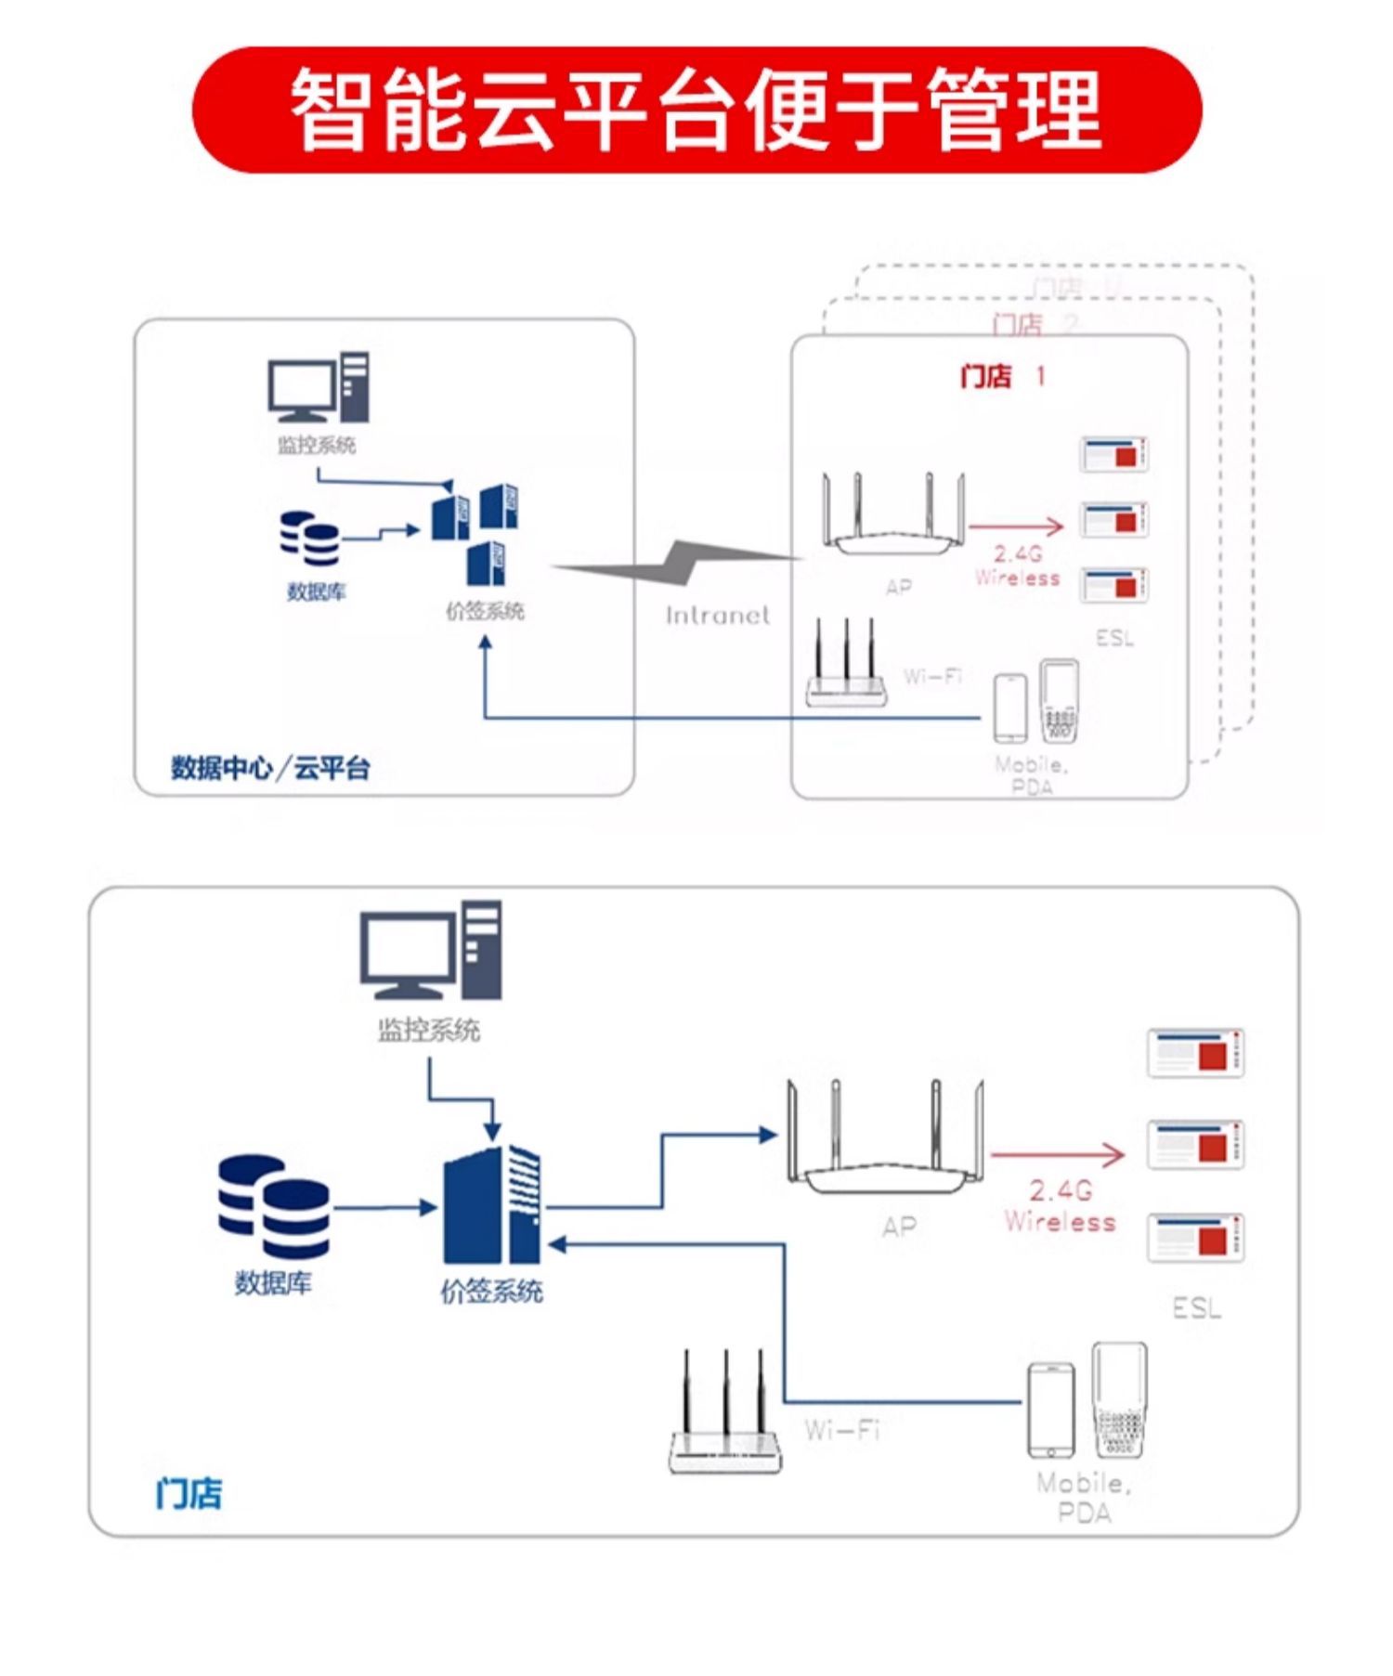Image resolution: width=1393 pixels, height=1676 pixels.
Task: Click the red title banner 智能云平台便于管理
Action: pyautogui.click(x=696, y=110)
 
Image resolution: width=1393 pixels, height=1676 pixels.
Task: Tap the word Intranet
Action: pyautogui.click(x=717, y=615)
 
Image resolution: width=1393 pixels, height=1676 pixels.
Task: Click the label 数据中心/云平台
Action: pyautogui.click(x=270, y=768)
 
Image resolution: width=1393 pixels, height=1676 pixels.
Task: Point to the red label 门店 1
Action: pyautogui.click(x=1001, y=376)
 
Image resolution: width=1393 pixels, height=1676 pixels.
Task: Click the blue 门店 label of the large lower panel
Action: pyautogui.click(x=189, y=1493)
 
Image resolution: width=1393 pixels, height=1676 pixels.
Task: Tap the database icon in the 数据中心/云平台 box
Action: pyautogui.click(x=310, y=539)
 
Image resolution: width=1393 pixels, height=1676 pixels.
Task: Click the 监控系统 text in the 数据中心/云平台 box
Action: pyautogui.click(x=317, y=445)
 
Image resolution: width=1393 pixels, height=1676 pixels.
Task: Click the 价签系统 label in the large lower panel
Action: pyautogui.click(x=491, y=1291)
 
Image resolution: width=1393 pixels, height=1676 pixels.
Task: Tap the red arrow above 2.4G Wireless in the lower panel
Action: pyautogui.click(x=1058, y=1155)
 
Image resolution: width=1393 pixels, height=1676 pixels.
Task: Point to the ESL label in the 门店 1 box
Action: pyautogui.click(x=1114, y=638)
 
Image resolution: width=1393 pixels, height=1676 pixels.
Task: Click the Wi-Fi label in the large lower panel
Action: pyautogui.click(x=841, y=1429)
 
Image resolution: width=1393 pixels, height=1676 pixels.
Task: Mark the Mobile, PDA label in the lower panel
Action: pyautogui.click(x=1084, y=1497)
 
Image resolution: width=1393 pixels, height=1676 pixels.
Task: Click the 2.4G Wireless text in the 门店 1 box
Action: pyautogui.click(x=1018, y=565)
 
